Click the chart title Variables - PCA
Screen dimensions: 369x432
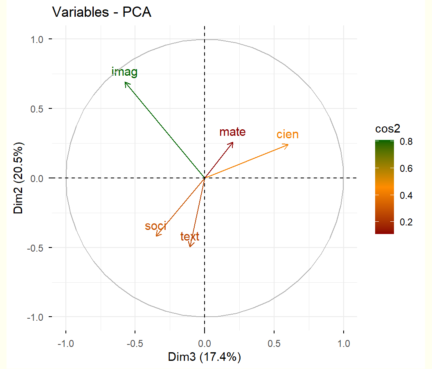(102, 13)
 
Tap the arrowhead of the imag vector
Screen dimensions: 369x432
(125, 82)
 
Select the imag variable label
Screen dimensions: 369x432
(124, 72)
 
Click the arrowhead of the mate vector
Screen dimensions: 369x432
(233, 142)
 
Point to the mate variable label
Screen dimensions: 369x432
(232, 132)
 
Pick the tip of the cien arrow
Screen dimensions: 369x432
(288, 144)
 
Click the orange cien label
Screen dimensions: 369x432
(287, 135)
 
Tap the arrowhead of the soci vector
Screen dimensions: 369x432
(156, 236)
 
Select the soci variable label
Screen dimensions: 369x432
(155, 226)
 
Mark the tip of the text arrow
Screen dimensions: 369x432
(190, 247)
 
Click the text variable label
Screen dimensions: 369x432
(190, 236)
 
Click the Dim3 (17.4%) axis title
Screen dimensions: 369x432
(205, 357)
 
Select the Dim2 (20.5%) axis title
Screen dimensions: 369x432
(19, 178)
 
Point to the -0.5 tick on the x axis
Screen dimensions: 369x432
(135, 344)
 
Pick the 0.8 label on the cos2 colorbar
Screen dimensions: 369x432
(405, 142)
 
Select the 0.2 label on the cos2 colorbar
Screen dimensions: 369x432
(405, 222)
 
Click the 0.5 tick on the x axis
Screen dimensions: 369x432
(274, 344)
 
